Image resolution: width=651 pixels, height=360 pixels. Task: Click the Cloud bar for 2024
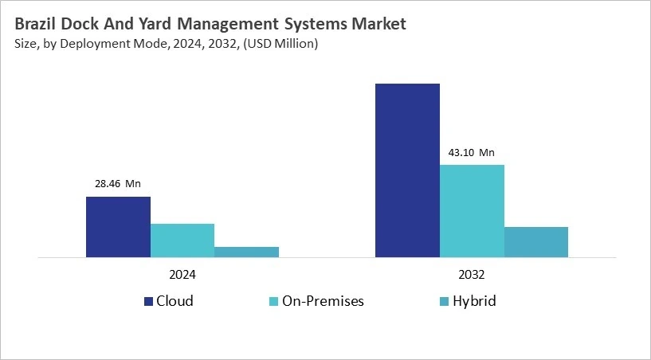pyautogui.click(x=118, y=227)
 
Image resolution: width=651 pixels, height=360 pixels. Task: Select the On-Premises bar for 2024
pyautogui.click(x=182, y=241)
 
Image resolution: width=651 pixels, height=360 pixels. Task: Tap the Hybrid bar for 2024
pyautogui.click(x=246, y=252)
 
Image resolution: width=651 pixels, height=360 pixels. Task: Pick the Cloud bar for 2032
pyautogui.click(x=407, y=170)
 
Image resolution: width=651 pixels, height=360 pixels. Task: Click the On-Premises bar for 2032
pyautogui.click(x=472, y=211)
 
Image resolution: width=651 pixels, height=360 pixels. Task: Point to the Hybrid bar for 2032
pyautogui.click(x=536, y=242)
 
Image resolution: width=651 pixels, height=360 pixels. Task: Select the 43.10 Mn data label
pyautogui.click(x=472, y=153)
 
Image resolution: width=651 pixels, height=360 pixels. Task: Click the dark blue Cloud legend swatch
pyautogui.click(x=148, y=301)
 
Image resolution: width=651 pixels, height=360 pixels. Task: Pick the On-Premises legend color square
pyautogui.click(x=273, y=301)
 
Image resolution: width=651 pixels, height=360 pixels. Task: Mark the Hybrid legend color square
pyautogui.click(x=444, y=301)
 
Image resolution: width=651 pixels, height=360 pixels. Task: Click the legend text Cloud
pyautogui.click(x=175, y=301)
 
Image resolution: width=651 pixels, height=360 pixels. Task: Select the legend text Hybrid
pyautogui.click(x=475, y=301)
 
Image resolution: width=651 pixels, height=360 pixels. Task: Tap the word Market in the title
pyautogui.click(x=378, y=24)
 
